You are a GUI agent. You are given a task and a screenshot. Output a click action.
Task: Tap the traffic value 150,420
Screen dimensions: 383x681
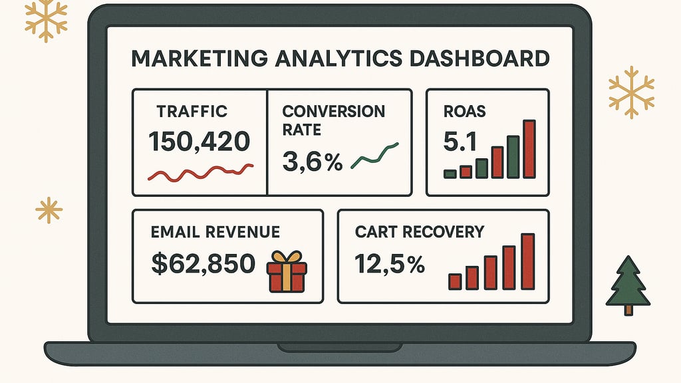(x=200, y=141)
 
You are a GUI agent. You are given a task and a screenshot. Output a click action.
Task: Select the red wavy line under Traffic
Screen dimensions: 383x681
(x=200, y=172)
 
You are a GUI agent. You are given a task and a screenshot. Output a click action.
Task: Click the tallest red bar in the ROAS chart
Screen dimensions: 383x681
(x=529, y=150)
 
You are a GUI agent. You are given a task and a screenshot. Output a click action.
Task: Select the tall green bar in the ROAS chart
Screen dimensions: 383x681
(x=513, y=157)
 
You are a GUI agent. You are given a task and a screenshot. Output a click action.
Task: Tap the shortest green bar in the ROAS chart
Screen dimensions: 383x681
(x=450, y=174)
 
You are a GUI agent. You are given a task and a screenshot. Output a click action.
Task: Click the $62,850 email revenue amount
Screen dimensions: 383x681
(x=203, y=264)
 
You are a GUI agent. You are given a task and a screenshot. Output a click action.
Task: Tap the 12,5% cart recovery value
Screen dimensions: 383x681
(x=390, y=264)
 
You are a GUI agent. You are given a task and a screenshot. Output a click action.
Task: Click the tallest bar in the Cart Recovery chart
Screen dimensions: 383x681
(x=527, y=261)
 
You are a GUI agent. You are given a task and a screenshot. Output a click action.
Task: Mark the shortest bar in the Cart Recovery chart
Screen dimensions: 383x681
(x=456, y=281)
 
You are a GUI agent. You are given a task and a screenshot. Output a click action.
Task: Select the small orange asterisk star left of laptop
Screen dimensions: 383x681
(x=49, y=210)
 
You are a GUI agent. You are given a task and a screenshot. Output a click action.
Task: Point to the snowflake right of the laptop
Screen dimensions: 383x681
(x=631, y=92)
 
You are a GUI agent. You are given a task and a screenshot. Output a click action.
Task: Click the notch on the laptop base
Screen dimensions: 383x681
(x=340, y=347)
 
